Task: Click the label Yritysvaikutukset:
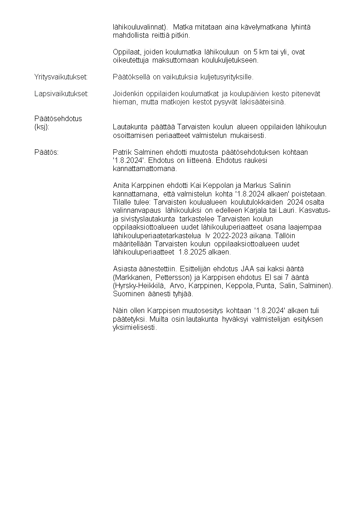point(61,77)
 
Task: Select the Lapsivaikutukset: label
point(61,94)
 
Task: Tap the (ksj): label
point(41,127)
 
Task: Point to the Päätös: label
point(46,152)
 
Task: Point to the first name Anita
point(121,185)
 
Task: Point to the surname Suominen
point(128,294)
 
